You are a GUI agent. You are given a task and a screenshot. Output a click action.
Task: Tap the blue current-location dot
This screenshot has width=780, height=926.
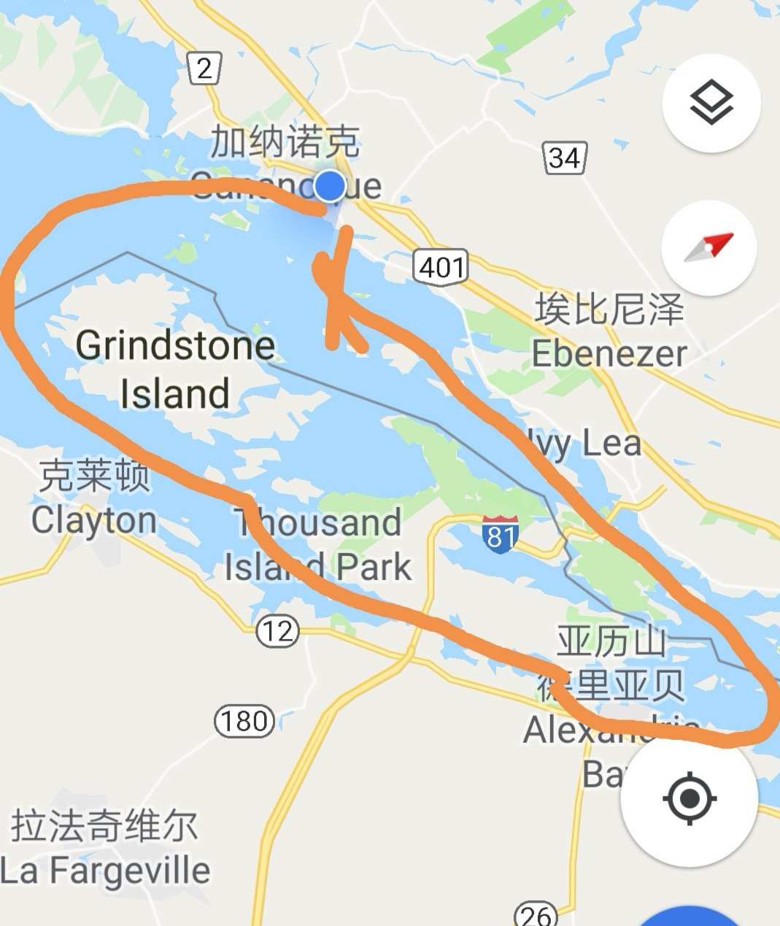point(331,186)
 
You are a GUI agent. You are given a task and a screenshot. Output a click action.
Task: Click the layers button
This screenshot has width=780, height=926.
point(711,103)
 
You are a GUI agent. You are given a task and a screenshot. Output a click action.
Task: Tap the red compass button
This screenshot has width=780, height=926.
point(708,247)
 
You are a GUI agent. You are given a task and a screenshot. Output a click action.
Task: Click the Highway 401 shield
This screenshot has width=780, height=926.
point(441,267)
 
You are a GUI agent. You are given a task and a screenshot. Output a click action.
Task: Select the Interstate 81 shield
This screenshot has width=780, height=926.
point(500,534)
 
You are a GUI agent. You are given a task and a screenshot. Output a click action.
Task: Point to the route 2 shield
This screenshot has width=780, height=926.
point(204,69)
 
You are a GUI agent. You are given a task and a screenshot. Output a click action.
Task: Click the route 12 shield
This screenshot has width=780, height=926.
point(277,630)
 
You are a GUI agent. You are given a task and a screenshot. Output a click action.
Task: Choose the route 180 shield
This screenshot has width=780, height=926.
point(244,721)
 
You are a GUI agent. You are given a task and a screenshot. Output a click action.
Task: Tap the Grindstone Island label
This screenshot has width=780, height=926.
point(175,369)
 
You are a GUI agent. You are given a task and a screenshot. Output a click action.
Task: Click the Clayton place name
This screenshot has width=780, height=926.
point(93,520)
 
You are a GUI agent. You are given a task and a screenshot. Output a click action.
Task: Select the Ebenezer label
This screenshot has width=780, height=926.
point(609,354)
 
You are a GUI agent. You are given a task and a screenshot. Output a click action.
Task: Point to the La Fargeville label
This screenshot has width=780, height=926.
point(106,871)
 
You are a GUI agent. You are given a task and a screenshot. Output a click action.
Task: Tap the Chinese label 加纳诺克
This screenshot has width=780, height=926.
point(285,142)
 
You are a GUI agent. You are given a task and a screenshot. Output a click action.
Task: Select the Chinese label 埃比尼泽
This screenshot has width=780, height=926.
point(609,309)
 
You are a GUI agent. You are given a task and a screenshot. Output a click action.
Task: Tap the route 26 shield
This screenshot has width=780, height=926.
point(535,914)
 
